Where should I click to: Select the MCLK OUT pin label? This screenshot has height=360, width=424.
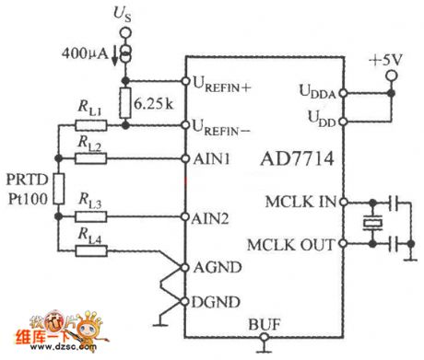coord(294,244)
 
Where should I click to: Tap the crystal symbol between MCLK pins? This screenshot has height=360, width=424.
coord(373,223)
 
